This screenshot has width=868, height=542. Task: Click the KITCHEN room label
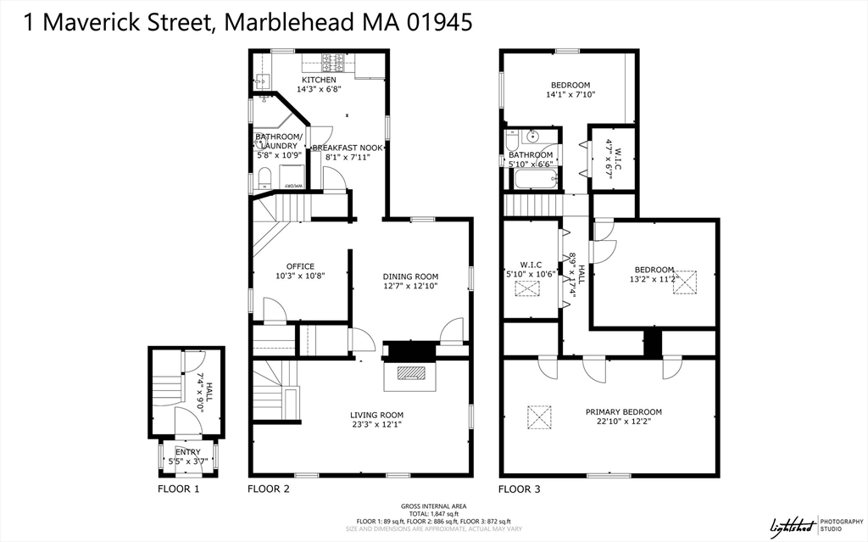tap(317, 80)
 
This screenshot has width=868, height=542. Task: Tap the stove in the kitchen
tap(332, 60)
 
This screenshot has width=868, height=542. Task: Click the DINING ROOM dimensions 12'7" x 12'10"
tap(410, 287)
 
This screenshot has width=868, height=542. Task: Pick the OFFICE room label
tap(300, 266)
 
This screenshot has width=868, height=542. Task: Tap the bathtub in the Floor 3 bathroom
tap(531, 179)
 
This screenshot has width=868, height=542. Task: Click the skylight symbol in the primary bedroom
tap(539, 416)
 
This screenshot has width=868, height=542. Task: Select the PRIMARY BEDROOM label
tap(624, 412)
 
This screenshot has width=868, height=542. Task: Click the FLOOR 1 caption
tap(179, 489)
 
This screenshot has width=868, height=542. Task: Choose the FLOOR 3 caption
tap(519, 489)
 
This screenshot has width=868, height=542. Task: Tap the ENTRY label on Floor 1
tap(188, 452)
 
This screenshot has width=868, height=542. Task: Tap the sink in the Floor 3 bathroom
tap(533, 136)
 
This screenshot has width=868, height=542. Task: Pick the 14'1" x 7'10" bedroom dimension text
tap(570, 95)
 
